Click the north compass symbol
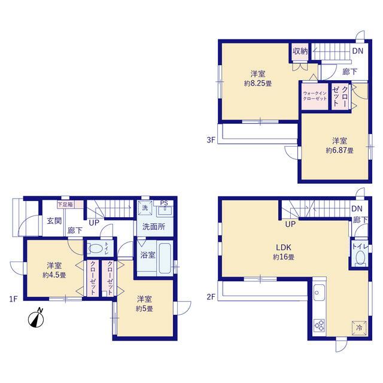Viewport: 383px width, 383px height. (36, 318)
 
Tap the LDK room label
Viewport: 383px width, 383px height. (284, 247)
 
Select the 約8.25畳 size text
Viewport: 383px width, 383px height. (258, 84)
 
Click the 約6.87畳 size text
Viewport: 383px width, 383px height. (339, 150)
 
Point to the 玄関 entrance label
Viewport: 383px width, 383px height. (54, 221)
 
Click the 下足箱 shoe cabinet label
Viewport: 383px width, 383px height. (65, 205)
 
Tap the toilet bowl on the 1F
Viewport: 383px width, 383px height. (96, 249)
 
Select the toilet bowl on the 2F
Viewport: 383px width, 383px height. (360, 257)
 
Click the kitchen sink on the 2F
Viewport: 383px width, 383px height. (319, 293)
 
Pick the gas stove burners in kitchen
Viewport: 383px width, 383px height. (319, 326)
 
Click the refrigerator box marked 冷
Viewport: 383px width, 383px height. (359, 328)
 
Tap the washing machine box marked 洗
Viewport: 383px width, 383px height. (145, 208)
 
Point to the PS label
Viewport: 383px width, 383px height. (164, 203)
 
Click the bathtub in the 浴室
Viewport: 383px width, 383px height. (165, 259)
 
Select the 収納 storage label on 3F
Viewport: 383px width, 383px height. (300, 51)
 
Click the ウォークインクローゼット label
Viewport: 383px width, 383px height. (315, 96)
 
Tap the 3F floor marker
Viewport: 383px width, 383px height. (211, 140)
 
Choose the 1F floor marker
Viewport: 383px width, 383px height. (13, 299)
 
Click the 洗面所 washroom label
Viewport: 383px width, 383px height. (154, 227)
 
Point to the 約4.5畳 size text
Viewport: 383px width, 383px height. (54, 275)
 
